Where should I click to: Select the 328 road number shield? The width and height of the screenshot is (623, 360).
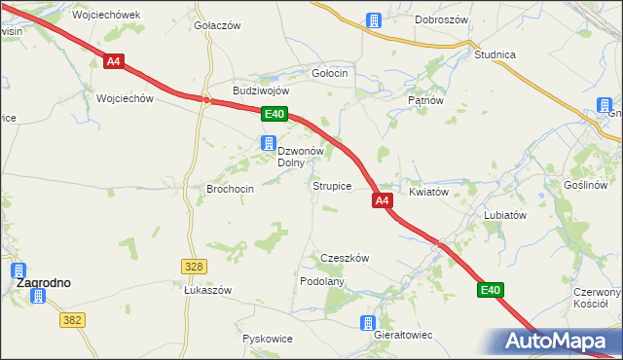click(193, 266)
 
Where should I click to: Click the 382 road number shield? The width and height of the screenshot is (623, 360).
click(71, 319)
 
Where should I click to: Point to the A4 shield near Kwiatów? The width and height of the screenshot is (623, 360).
click(382, 200)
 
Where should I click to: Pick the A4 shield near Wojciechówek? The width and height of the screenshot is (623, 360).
click(114, 61)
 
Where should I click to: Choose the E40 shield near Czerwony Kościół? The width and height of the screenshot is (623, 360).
click(490, 290)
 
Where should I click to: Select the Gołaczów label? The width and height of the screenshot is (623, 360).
click(217, 25)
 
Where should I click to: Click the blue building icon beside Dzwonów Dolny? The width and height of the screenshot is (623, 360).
click(266, 144)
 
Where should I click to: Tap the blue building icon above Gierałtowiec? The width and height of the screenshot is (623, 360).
click(368, 322)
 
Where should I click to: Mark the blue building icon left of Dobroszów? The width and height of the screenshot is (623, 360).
click(373, 19)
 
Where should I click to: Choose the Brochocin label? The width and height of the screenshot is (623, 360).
click(231, 189)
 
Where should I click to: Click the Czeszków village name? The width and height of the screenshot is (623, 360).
click(345, 258)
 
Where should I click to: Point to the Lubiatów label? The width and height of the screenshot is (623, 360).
click(505, 215)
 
